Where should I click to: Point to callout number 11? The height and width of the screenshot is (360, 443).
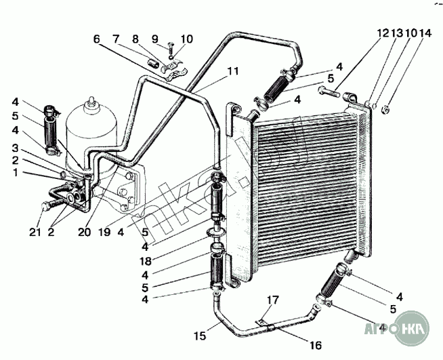coord(233,70)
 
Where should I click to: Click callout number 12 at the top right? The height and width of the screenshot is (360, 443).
coord(383,32)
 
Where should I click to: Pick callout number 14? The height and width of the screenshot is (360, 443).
coord(425,32)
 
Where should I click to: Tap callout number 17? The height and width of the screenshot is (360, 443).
coord(272,299)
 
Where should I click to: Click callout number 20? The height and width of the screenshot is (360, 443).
coord(83,231)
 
